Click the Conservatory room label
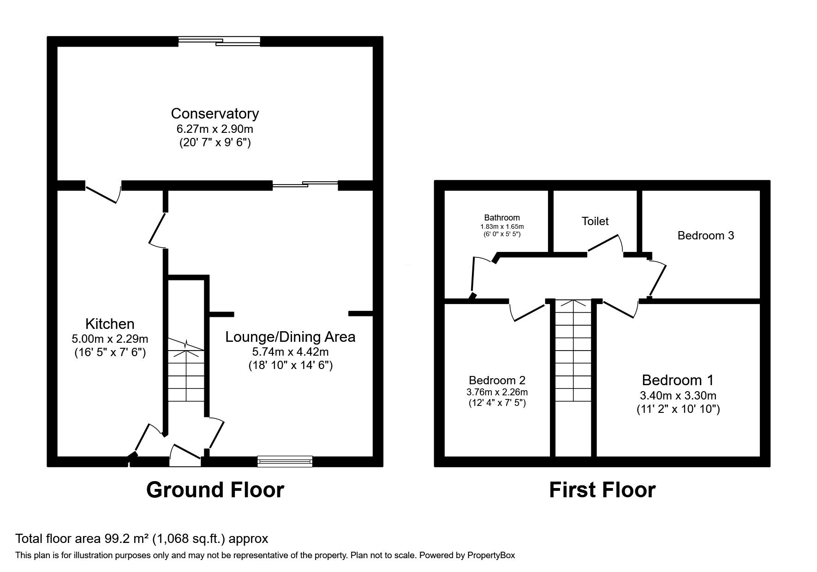[215, 113]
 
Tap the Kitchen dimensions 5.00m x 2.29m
[110, 339]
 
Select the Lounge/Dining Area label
[290, 337]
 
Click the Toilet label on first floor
[595, 221]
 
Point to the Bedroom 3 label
[705, 236]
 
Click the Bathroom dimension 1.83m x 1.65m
[502, 226]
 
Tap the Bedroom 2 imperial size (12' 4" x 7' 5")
[497, 403]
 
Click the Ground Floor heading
[215, 490]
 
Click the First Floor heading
[602, 490]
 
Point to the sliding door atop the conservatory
[220, 42]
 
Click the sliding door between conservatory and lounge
[304, 185]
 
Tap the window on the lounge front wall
[285, 461]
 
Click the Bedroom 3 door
[657, 279]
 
